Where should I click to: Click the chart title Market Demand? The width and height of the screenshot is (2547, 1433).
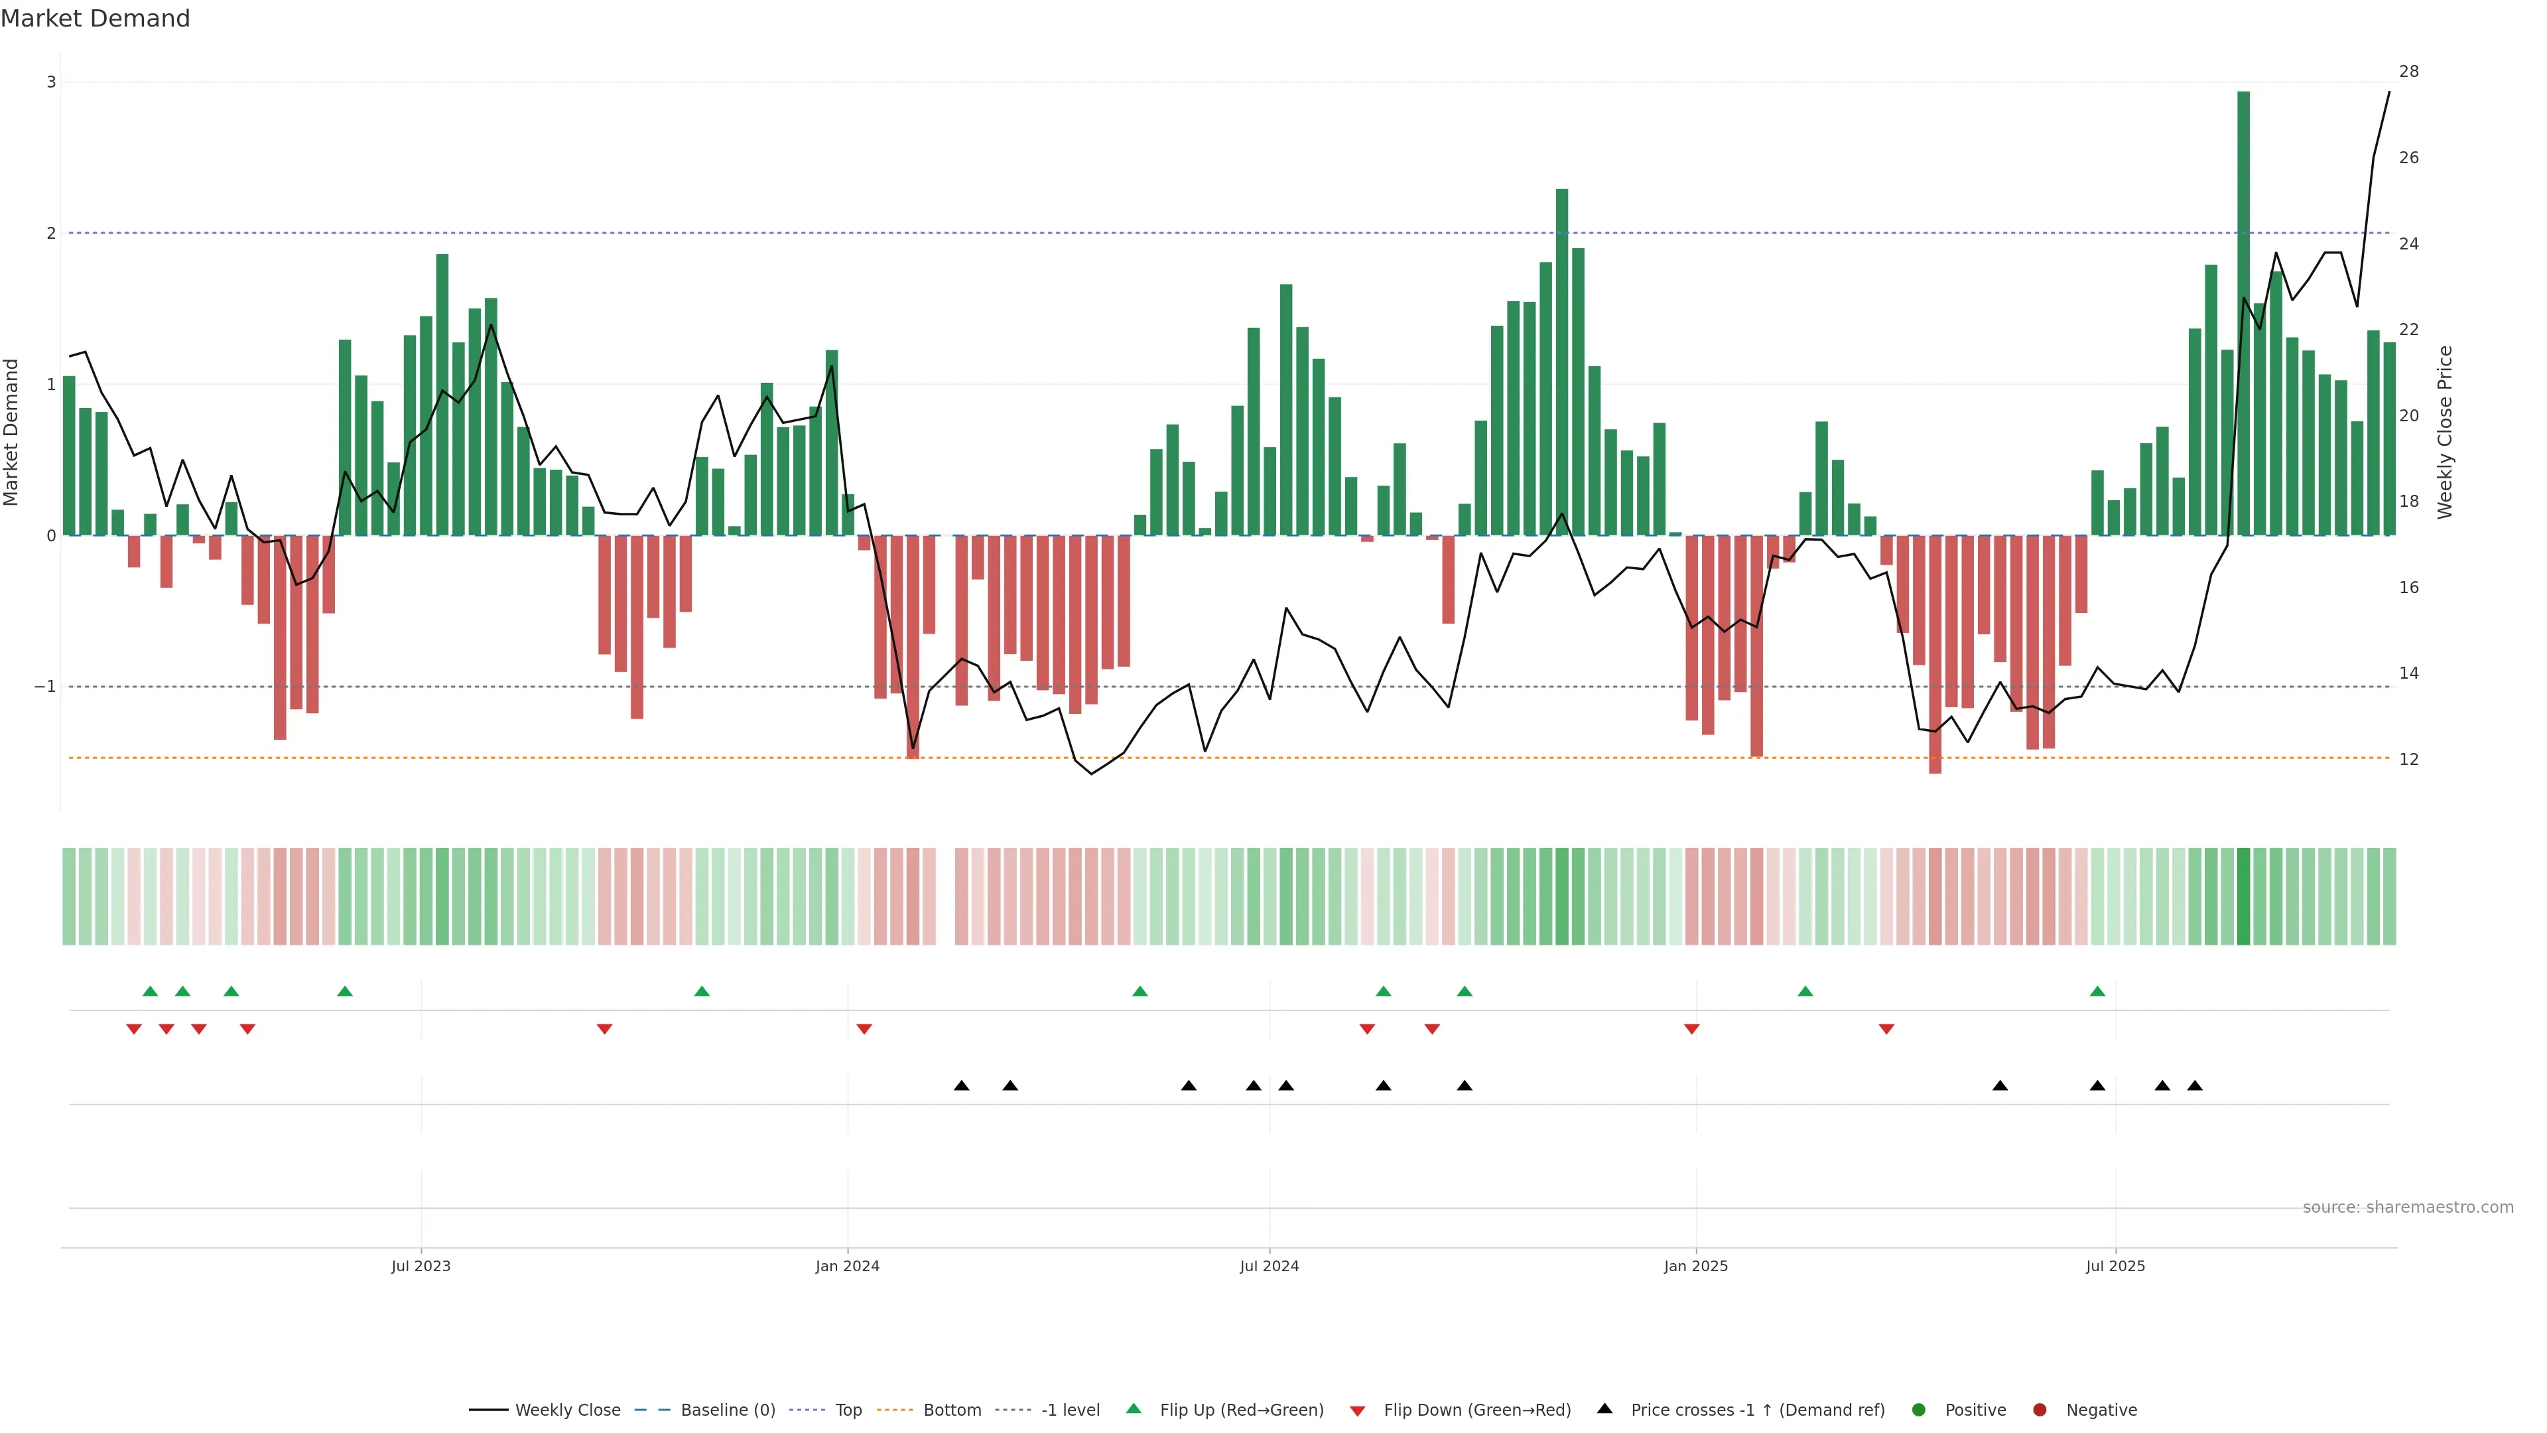coord(95,19)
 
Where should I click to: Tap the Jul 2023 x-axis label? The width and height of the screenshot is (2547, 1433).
coord(421,1266)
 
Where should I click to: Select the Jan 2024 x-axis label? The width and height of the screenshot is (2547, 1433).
coord(848,1266)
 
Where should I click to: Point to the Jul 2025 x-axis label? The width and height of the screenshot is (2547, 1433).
coord(2115,1266)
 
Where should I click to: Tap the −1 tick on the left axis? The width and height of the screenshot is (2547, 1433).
coord(44,687)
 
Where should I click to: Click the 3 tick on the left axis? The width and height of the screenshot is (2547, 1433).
coord(52,82)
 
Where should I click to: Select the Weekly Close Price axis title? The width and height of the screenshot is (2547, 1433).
coord(2445,432)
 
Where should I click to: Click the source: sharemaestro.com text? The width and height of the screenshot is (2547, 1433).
coord(2408,1207)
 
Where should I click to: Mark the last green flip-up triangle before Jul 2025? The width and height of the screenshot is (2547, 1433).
coord(2097,991)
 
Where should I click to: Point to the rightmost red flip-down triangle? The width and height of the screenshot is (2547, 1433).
coord(1886,1030)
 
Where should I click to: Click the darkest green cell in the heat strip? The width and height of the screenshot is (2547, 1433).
coord(2243,896)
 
